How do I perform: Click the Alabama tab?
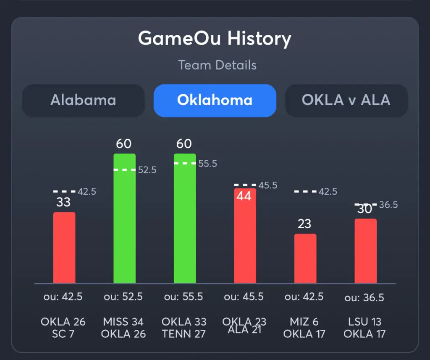[x=83, y=100]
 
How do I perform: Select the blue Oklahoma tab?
[x=215, y=100]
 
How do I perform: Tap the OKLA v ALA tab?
[x=346, y=100]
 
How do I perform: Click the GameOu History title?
[x=215, y=39]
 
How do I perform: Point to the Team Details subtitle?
[x=217, y=65]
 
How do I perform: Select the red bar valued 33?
[x=64, y=248]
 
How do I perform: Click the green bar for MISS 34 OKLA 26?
[x=124, y=218]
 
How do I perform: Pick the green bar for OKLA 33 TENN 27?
[x=185, y=218]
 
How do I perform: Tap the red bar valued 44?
[x=245, y=237]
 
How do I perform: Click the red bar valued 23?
[x=305, y=258]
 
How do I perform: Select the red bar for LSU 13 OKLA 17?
[x=365, y=251]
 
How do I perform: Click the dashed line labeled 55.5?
[x=185, y=163]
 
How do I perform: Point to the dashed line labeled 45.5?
[x=245, y=185]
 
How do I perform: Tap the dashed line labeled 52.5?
[x=124, y=170]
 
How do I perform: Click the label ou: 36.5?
[x=364, y=297]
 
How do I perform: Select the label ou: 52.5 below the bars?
[x=123, y=297]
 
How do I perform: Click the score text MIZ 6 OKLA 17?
[x=304, y=328]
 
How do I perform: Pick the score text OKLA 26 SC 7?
[x=63, y=328]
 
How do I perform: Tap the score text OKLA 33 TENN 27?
[x=184, y=328]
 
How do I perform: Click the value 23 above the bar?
[x=304, y=224]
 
